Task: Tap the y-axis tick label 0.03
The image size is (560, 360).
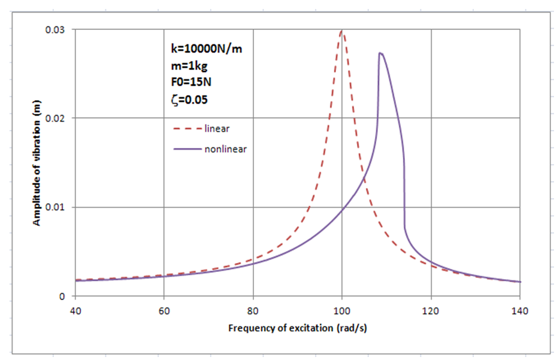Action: pos(57,29)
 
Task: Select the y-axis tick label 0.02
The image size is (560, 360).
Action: pos(57,118)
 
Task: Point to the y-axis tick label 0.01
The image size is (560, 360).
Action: pos(57,207)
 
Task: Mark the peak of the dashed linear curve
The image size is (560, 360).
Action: pos(342,31)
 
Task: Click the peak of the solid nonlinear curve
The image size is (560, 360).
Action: pos(380,53)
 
